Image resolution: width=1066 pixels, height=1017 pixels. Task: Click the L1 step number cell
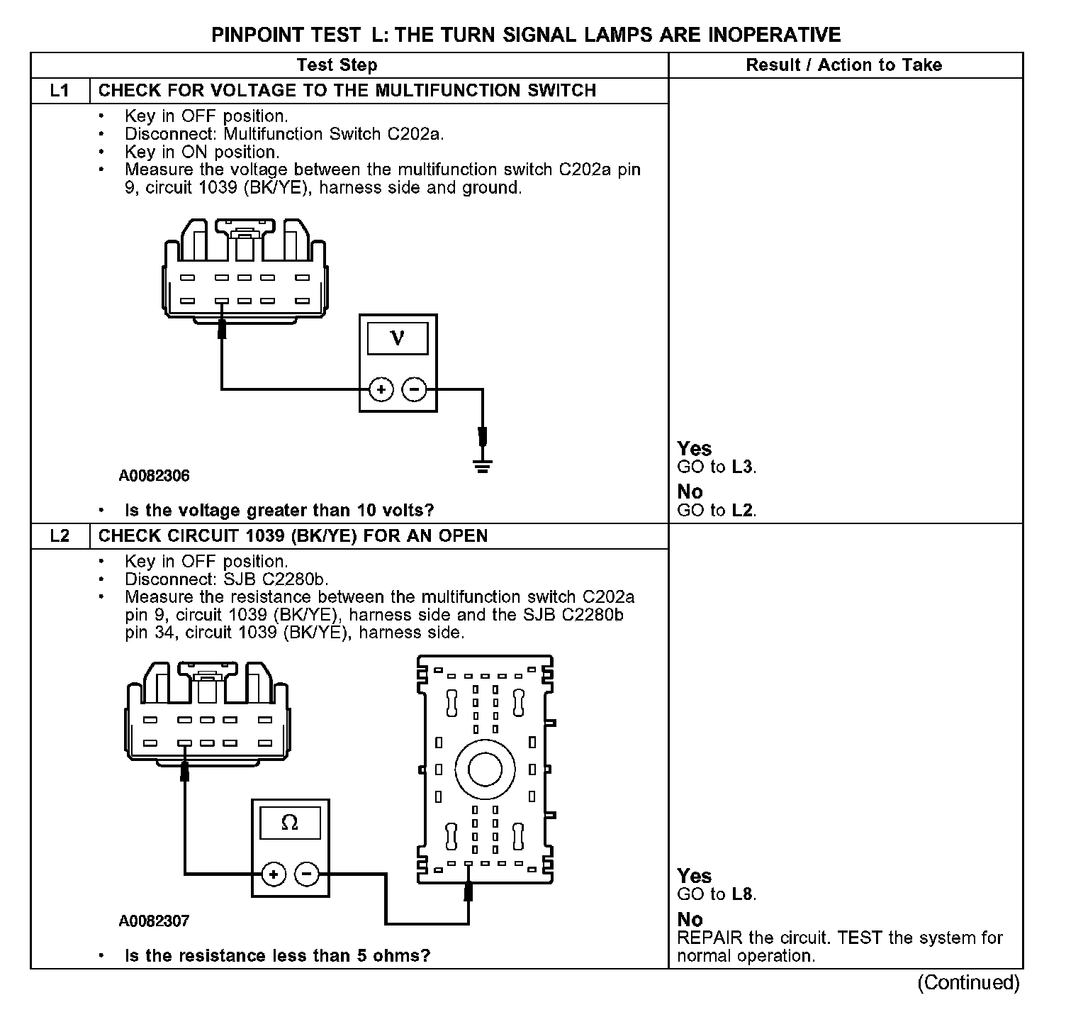point(60,91)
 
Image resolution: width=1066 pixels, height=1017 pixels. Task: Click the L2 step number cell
point(60,535)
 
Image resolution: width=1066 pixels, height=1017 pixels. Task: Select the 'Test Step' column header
point(337,65)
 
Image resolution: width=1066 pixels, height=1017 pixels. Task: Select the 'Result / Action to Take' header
point(843,65)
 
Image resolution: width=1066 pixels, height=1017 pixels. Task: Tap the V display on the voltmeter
point(398,339)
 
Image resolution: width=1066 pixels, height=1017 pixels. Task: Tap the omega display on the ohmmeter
point(290,823)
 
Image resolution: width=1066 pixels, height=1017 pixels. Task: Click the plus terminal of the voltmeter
point(381,389)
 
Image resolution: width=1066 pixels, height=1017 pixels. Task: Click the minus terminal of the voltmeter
point(415,389)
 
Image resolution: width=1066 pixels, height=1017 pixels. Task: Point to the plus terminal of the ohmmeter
point(274,874)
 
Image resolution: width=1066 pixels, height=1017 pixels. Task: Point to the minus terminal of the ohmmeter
point(307,874)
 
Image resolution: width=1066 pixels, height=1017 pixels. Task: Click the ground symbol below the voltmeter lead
point(483,466)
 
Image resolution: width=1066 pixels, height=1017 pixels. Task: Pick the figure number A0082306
point(154,476)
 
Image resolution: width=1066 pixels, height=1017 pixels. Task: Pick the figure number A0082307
point(154,921)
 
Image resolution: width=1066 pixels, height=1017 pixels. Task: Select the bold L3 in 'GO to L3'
point(742,467)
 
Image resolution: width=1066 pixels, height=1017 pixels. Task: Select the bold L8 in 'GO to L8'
point(742,894)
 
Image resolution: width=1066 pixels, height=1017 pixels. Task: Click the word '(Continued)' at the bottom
point(968,983)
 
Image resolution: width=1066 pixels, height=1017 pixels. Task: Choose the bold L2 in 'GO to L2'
point(742,511)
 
